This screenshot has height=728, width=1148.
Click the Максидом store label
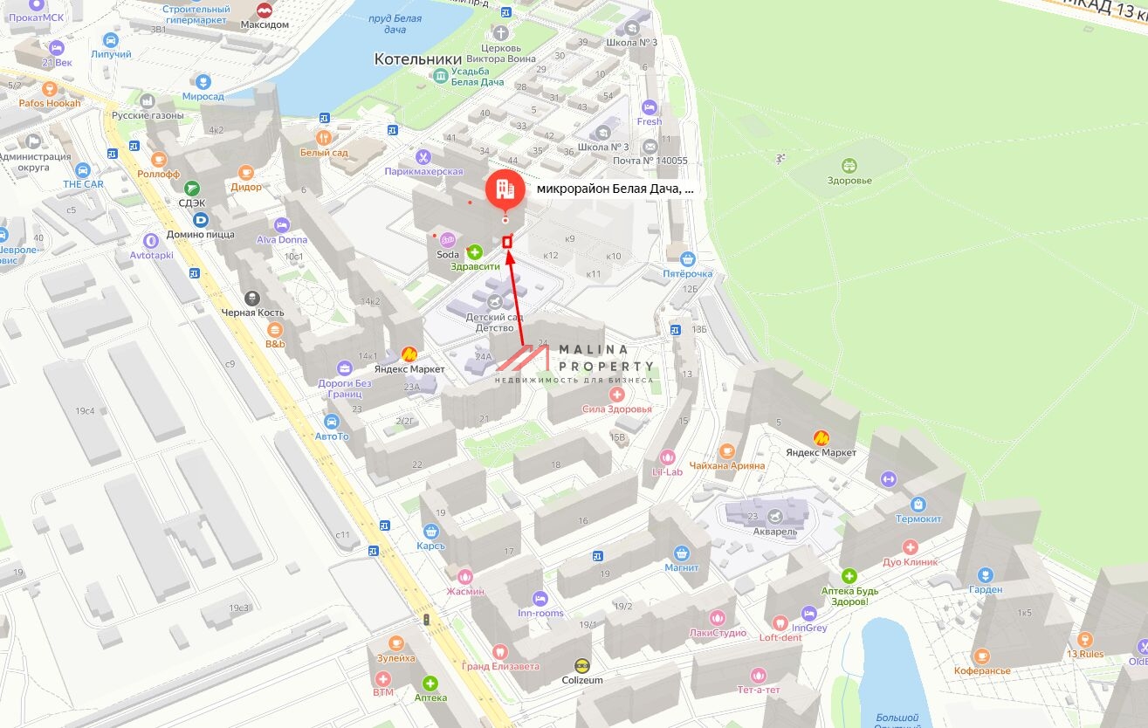[265, 24]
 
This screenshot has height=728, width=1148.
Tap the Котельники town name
[417, 58]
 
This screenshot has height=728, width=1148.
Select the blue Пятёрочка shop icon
[688, 258]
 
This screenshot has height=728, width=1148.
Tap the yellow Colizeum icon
[582, 665]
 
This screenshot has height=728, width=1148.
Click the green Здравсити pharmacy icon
[475, 252]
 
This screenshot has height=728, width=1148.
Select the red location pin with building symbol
[505, 189]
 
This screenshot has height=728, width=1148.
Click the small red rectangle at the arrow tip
[507, 242]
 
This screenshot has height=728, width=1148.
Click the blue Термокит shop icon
[918, 504]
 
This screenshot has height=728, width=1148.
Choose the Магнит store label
[681, 567]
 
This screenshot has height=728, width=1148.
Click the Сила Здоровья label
[617, 409]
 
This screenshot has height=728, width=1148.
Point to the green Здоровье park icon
[849, 165]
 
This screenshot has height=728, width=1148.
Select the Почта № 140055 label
[650, 161]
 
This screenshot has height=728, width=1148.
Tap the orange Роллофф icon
[158, 160]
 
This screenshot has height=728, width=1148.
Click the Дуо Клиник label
[910, 562]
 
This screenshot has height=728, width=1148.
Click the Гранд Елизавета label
[500, 666]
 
